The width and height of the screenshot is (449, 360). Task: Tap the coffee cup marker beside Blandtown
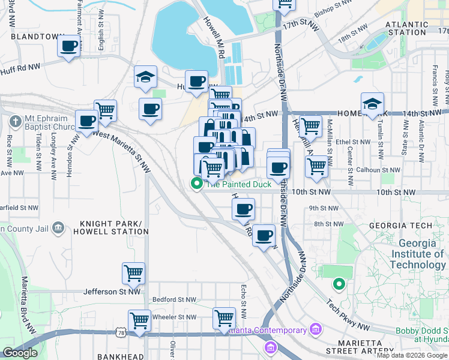[69, 46]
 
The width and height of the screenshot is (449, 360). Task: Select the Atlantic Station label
[407, 28]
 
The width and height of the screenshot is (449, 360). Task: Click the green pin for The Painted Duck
[196, 184]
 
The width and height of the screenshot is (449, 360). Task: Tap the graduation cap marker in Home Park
[372, 103]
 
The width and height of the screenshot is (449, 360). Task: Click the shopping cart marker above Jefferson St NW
[133, 273]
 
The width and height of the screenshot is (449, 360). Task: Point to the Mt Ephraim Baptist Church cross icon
[15, 121]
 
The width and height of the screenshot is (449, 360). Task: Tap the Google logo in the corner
[20, 353]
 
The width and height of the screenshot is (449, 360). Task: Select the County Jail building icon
[58, 227]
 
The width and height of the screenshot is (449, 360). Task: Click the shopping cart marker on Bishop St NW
[284, 5]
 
